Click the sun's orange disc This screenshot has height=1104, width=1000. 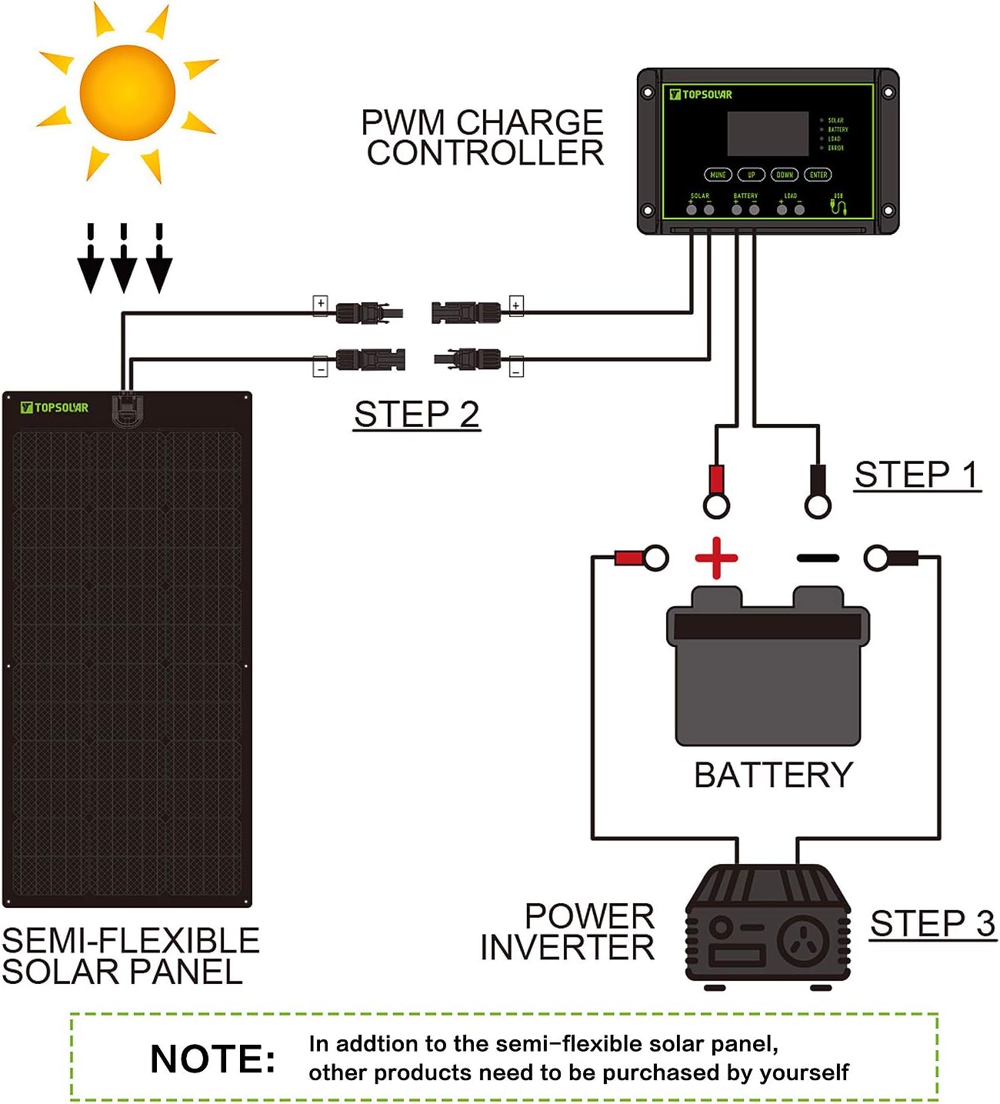[128, 93]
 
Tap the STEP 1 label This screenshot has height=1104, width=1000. [917, 475]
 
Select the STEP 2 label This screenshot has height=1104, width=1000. [416, 415]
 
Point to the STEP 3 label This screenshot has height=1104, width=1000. [932, 923]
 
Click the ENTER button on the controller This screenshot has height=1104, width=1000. [818, 175]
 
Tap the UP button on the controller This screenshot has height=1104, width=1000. [751, 175]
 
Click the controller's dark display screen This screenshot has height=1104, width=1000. [767, 134]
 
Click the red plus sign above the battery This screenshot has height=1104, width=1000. [716, 558]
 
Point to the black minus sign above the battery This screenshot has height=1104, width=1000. [817, 558]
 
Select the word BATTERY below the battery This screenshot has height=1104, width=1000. [773, 775]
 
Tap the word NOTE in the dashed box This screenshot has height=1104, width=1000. [212, 1059]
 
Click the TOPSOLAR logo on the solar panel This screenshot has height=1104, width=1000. [55, 408]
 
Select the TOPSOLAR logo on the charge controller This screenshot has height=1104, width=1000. [701, 95]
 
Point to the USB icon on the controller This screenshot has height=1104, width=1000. [838, 205]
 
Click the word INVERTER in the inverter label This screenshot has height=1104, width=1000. [567, 948]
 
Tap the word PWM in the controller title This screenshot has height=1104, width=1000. [403, 122]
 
